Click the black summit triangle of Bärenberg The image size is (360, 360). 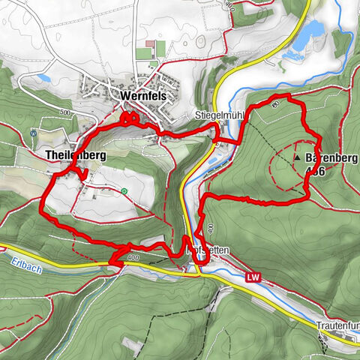(298, 159)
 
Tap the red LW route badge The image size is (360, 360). (253, 277)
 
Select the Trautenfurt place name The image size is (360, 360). (337, 327)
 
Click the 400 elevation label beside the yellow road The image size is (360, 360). (134, 258)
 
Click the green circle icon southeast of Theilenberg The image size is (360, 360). (123, 191)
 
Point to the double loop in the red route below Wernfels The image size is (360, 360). (129, 118)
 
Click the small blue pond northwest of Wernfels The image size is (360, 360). (43, 78)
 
